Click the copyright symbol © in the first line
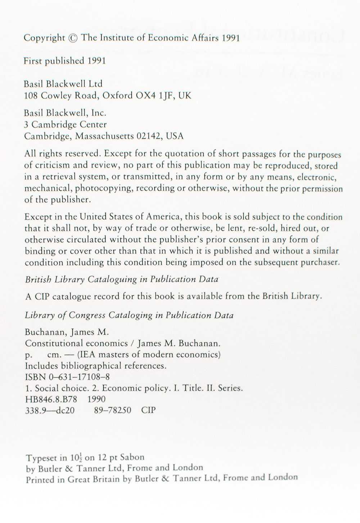coord(73,38)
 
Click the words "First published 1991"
coord(64,61)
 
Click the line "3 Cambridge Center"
coord(65,125)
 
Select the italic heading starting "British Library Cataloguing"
coord(121,279)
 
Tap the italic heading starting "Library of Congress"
coord(129,315)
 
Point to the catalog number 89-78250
coord(112,410)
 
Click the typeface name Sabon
coord(132,457)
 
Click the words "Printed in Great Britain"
coord(78,479)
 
